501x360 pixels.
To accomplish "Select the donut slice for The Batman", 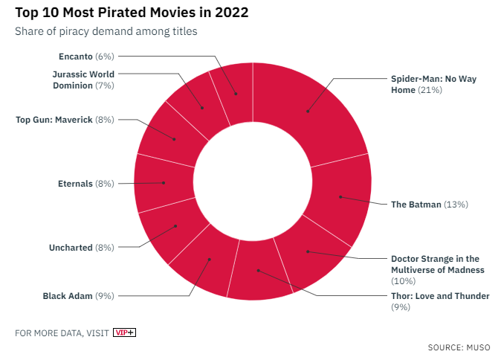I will point(340,196).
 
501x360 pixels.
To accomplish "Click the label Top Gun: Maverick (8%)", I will point(65,119).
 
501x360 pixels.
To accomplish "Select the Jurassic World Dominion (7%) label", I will point(83,80).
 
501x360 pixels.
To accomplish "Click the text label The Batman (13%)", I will point(429,204).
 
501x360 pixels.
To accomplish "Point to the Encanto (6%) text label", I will point(85,56).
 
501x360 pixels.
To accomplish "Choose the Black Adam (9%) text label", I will point(78,296).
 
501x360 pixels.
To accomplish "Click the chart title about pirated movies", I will point(132,13).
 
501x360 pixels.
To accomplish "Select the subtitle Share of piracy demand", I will point(106,31).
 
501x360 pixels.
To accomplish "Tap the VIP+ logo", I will point(124,332).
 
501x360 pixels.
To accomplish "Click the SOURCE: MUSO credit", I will point(459,347).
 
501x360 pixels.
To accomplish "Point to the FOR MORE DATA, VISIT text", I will point(62,332).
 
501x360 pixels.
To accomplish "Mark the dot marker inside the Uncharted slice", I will point(175,226).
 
